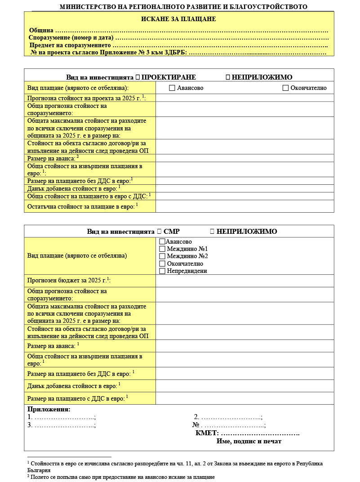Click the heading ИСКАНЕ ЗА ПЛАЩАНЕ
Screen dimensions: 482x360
pyautogui.click(x=178, y=19)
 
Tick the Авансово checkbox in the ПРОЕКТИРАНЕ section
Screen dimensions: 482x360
pyautogui.click(x=172, y=88)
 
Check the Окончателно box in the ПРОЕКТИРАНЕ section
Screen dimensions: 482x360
pyautogui.click(x=285, y=88)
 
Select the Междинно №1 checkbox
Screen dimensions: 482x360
pyautogui.click(x=162, y=249)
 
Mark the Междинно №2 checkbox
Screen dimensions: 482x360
pyautogui.click(x=162, y=256)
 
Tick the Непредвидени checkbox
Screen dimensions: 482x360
pyautogui.click(x=162, y=271)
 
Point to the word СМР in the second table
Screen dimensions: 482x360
pyautogui.click(x=172, y=232)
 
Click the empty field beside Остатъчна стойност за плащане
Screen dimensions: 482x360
pyautogui.click(x=244, y=206)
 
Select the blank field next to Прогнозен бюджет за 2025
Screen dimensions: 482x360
pyautogui.click(x=244, y=281)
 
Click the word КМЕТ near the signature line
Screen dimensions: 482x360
pyautogui.click(x=207, y=433)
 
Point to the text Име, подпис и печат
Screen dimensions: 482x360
pyautogui.click(x=249, y=442)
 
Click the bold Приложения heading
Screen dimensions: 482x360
pyautogui.click(x=49, y=410)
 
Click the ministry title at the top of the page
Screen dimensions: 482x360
pyautogui.click(x=183, y=7)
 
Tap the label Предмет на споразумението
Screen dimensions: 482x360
pyautogui.click(x=70, y=45)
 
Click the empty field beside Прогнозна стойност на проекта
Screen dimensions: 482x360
pyautogui.click(x=244, y=98)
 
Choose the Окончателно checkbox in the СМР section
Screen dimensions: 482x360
pyautogui.click(x=162, y=263)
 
